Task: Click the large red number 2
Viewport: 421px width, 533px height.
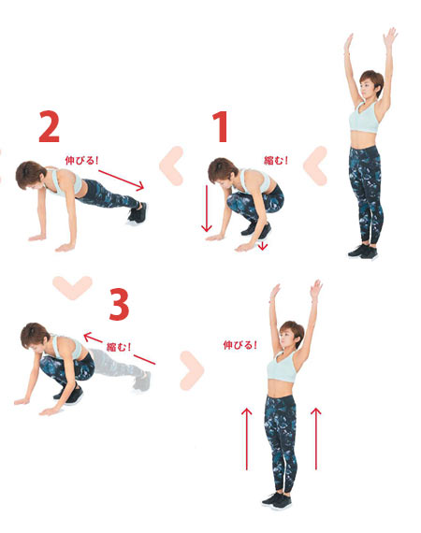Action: (50, 127)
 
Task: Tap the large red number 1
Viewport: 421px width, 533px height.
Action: (220, 127)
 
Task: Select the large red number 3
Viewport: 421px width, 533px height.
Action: (119, 304)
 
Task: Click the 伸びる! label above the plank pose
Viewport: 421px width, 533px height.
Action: (81, 160)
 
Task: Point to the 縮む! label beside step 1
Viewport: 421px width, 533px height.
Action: (276, 160)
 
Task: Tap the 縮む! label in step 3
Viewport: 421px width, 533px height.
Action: (119, 347)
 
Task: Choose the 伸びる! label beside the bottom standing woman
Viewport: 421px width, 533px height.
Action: (240, 345)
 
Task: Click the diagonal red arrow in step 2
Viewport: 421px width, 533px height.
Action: (121, 180)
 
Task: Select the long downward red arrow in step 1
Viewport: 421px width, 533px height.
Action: (207, 209)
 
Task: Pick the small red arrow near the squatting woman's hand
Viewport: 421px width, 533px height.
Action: (262, 245)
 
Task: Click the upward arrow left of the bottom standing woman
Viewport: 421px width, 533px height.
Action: (247, 439)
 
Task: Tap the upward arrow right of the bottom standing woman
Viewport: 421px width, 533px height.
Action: (316, 439)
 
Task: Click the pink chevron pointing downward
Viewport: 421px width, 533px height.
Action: (72, 287)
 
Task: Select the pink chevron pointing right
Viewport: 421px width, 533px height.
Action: (192, 370)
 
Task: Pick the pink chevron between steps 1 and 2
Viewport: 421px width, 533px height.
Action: (171, 166)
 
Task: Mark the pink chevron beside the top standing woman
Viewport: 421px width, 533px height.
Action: (315, 166)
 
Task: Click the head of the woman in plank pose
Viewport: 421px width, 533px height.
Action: (30, 175)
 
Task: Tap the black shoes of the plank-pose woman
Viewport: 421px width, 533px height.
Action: (137, 214)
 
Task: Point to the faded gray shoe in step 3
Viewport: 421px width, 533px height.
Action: (142, 382)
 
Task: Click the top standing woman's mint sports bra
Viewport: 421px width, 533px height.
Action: (364, 118)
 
